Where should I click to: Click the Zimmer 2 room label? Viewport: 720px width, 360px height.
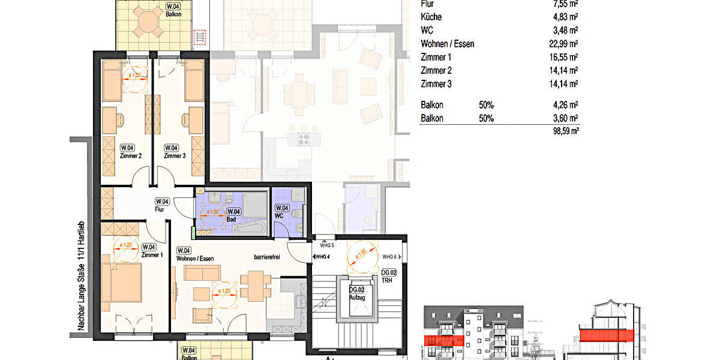pyautogui.click(x=131, y=152)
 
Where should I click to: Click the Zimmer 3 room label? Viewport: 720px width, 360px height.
pyautogui.click(x=175, y=152)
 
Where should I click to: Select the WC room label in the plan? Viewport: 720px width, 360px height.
pyautogui.click(x=279, y=211)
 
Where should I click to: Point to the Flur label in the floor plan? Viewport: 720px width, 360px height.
pyautogui.click(x=160, y=205)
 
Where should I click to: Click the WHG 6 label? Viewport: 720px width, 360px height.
pyautogui.click(x=390, y=256)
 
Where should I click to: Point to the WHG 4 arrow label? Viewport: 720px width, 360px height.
pyautogui.click(x=322, y=257)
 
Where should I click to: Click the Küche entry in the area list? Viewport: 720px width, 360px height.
pyautogui.click(x=432, y=17)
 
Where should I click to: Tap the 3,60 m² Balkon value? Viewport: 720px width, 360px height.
pyautogui.click(x=565, y=118)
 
